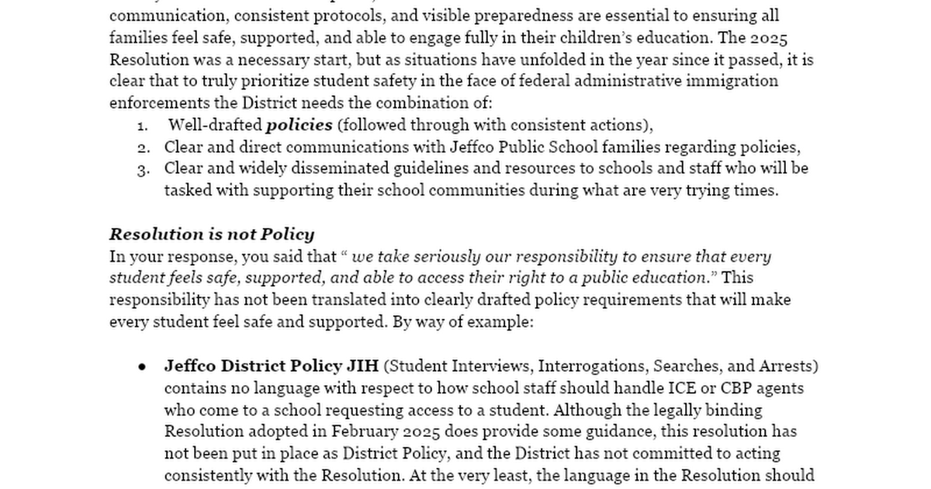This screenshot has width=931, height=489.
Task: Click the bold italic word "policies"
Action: (x=299, y=125)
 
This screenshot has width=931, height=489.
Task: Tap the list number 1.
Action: (x=142, y=126)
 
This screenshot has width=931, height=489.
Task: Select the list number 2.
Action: (x=142, y=147)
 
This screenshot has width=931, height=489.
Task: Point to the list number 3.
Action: (x=142, y=169)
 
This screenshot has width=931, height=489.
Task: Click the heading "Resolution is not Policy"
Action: (x=212, y=234)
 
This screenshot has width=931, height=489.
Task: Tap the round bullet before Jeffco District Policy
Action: (x=142, y=366)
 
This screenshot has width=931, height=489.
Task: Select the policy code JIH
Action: (x=362, y=366)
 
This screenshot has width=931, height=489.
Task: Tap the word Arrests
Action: (x=791, y=366)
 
